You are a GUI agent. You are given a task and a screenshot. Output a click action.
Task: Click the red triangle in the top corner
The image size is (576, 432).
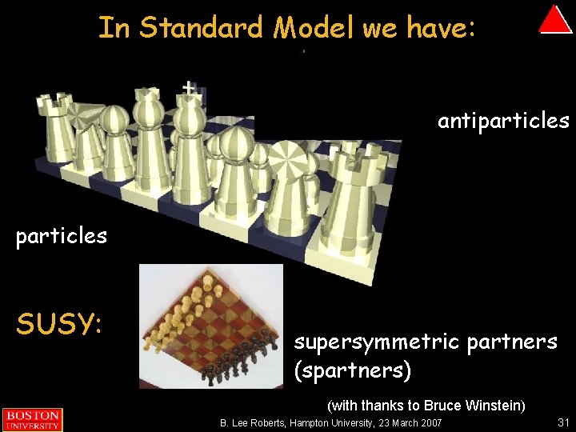click(x=554, y=20)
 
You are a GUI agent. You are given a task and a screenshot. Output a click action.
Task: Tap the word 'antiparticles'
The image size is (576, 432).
click(x=503, y=121)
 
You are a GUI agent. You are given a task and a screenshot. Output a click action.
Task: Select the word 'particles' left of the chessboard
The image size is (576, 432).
click(x=62, y=237)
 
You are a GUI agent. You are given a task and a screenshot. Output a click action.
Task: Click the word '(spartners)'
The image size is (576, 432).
click(x=353, y=370)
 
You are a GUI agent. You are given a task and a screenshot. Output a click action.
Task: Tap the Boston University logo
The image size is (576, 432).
click(x=32, y=419)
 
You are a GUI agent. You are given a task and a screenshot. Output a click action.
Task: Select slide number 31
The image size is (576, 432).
click(x=562, y=422)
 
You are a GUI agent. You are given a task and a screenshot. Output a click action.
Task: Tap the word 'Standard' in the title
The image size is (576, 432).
click(x=203, y=28)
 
